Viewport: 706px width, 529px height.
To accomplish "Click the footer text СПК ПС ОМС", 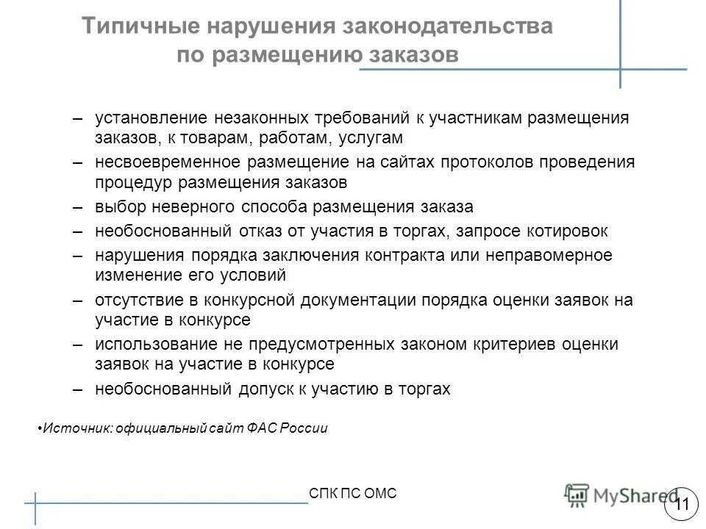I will point(353,493).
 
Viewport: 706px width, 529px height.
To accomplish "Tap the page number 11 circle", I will point(681,504).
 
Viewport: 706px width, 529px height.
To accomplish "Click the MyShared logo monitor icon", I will point(577,494).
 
